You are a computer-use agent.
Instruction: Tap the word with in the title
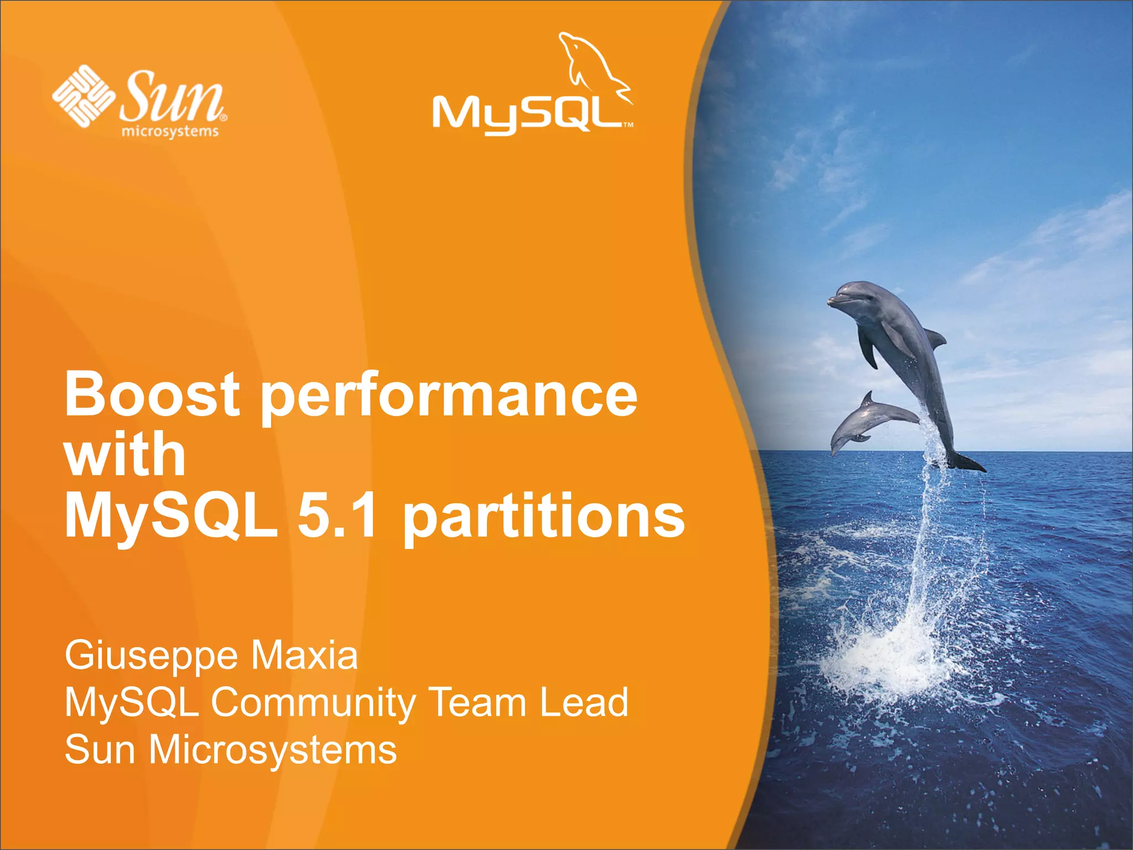125,455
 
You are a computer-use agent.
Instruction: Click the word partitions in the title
544,517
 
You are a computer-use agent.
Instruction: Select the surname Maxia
305,655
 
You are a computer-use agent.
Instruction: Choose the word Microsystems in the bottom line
273,750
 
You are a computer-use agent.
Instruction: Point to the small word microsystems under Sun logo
170,132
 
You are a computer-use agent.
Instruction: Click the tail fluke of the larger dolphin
965,463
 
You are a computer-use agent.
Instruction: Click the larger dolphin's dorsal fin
935,338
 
